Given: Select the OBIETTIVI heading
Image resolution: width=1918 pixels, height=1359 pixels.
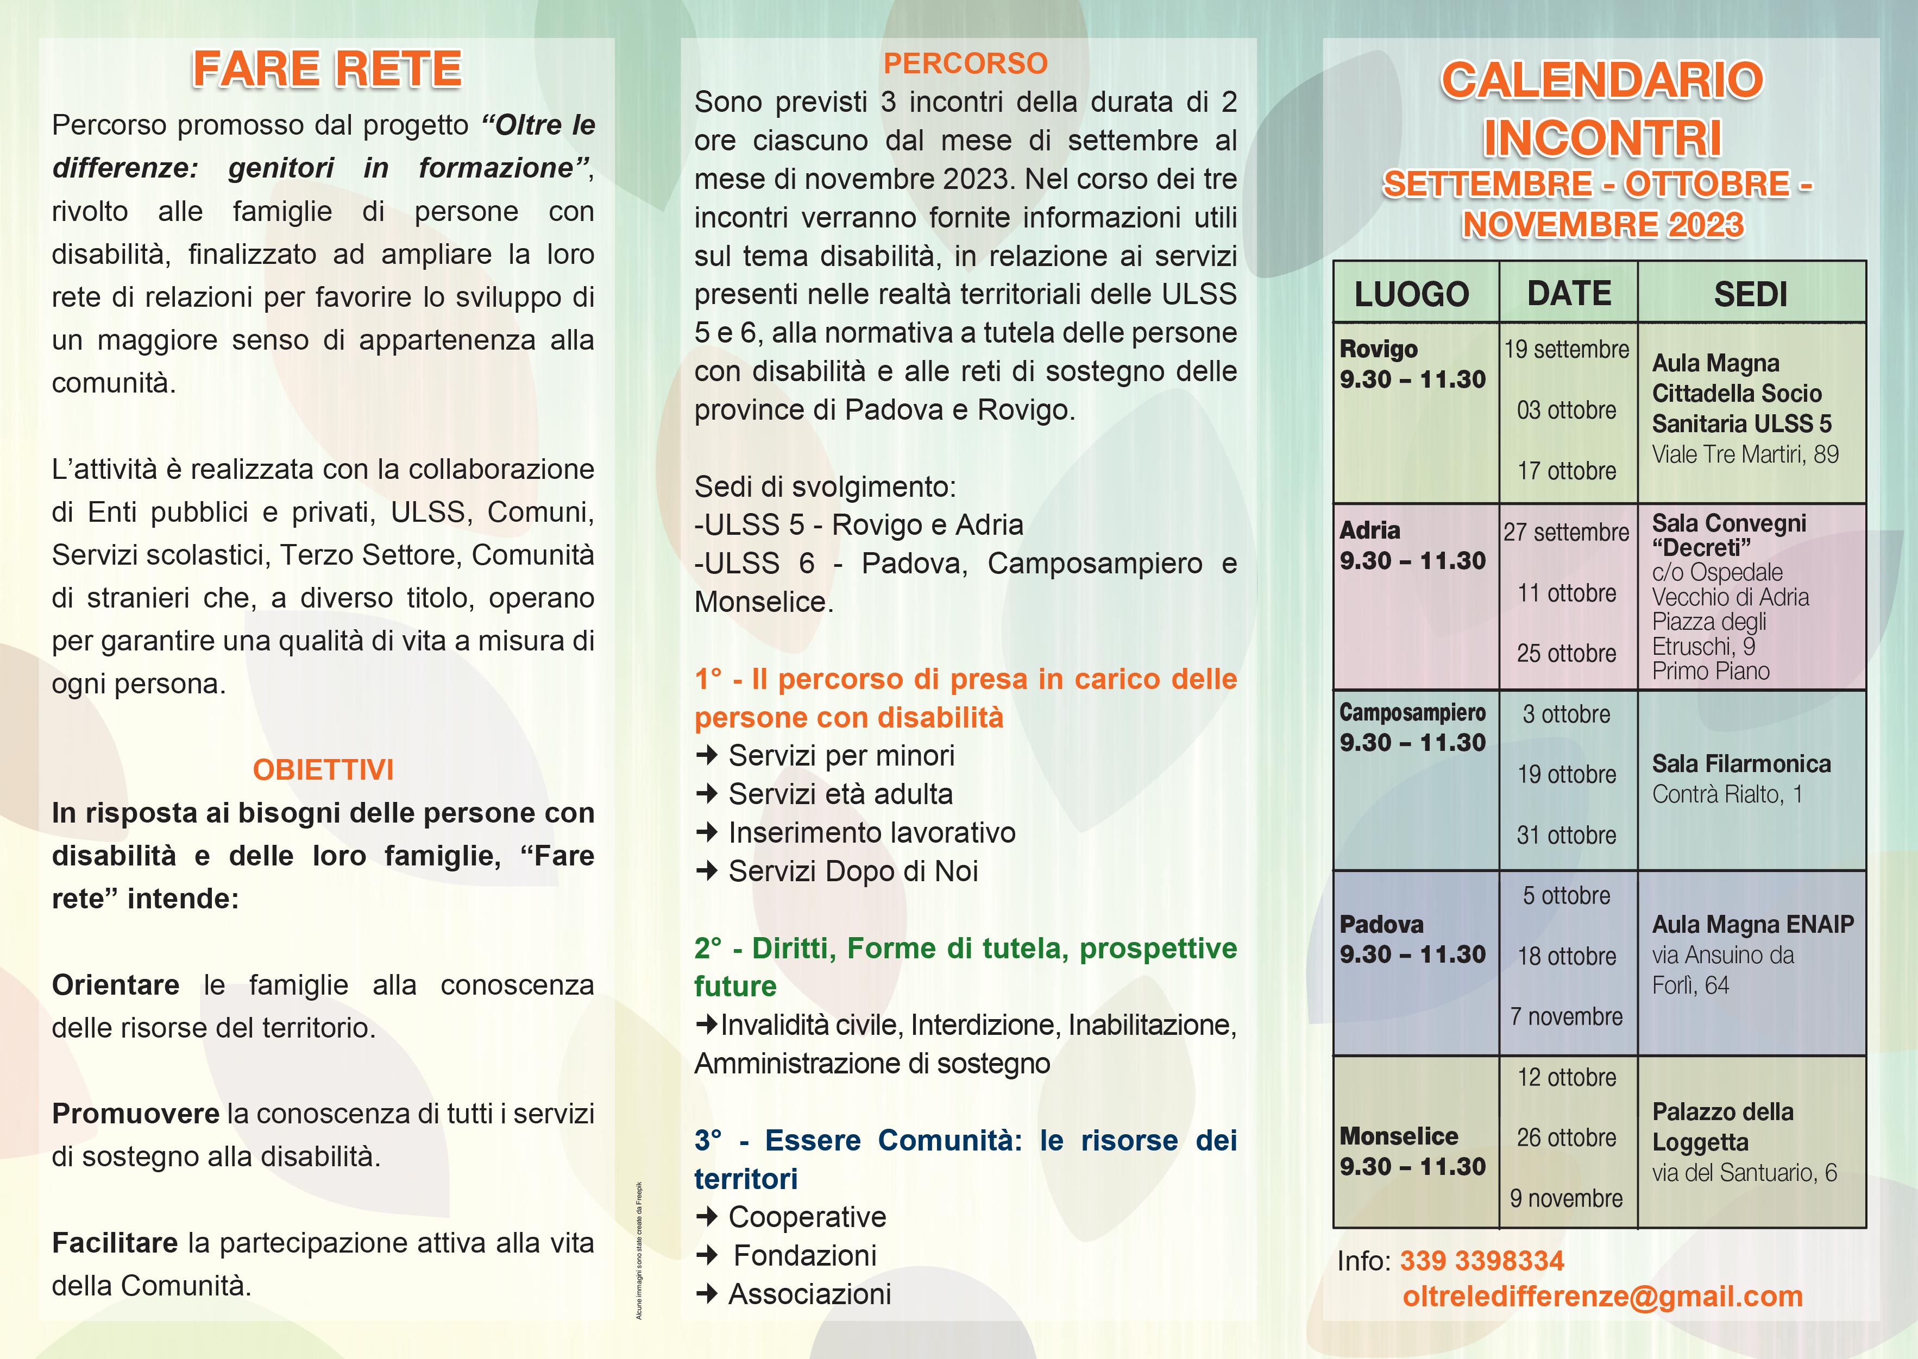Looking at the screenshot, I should point(323,770).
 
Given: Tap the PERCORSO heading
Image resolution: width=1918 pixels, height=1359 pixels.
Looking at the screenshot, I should point(965,64).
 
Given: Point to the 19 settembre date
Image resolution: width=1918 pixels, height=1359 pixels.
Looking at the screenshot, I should point(1567,349).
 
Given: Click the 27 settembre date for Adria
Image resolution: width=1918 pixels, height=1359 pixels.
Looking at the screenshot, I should point(1567,532).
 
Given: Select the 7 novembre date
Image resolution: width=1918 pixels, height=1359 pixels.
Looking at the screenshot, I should point(1567,1017).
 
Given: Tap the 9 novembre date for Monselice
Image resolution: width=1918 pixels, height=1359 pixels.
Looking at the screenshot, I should point(1567,1198).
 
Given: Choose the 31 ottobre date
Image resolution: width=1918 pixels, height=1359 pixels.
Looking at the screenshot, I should point(1567,835).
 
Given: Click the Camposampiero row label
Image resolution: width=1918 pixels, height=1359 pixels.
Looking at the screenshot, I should point(1412,712).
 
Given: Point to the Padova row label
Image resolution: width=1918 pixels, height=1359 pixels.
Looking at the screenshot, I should point(1381,925).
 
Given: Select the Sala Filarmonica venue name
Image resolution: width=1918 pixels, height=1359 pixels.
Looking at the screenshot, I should point(1741,764).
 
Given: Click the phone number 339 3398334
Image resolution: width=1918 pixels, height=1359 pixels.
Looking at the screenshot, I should point(1482,1260).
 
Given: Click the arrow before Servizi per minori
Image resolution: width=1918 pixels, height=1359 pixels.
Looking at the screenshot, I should point(707,756).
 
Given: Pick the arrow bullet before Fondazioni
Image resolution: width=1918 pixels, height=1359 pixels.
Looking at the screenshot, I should point(707,1255).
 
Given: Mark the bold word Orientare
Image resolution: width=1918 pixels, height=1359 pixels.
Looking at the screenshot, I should point(116,985).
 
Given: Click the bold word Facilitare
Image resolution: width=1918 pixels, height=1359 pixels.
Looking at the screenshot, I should point(115,1243).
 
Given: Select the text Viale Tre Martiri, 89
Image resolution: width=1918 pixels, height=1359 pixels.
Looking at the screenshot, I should point(1745,454).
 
